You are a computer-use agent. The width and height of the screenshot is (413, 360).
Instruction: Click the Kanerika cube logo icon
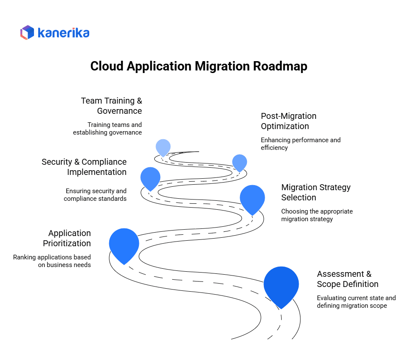click(x=27, y=33)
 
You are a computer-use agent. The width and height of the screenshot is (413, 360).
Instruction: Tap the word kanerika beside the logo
click(x=63, y=33)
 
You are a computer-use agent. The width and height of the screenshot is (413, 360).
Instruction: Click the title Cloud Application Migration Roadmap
click(x=198, y=67)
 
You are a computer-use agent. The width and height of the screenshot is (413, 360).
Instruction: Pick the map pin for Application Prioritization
click(x=124, y=243)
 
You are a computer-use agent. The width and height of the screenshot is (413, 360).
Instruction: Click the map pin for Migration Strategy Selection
click(x=252, y=197)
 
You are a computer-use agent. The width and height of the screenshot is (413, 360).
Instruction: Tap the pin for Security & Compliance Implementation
click(x=150, y=177)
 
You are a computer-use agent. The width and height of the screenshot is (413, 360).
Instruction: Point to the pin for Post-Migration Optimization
click(x=240, y=162)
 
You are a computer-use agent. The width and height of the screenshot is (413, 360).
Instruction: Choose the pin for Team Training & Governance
click(x=163, y=147)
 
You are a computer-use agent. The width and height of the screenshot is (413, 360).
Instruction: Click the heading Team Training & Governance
click(x=112, y=106)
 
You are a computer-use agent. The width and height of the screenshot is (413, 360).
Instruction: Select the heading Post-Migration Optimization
click(x=289, y=121)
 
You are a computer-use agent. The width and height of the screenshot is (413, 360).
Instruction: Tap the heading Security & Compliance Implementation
click(x=84, y=167)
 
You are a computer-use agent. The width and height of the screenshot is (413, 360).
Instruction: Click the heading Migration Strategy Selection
click(x=316, y=192)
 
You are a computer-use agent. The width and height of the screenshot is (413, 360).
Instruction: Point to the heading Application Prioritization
click(x=67, y=238)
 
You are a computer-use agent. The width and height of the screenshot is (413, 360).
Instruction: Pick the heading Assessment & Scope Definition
click(x=347, y=279)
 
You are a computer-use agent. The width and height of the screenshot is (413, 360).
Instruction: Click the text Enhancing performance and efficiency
click(x=300, y=144)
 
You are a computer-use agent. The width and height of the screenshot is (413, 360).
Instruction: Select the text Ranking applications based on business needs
click(x=52, y=261)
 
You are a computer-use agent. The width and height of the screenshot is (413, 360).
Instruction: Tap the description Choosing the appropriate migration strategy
click(x=317, y=215)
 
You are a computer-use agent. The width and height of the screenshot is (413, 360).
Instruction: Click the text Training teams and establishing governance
click(x=107, y=129)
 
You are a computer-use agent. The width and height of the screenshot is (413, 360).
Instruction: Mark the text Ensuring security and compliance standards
click(x=95, y=195)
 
